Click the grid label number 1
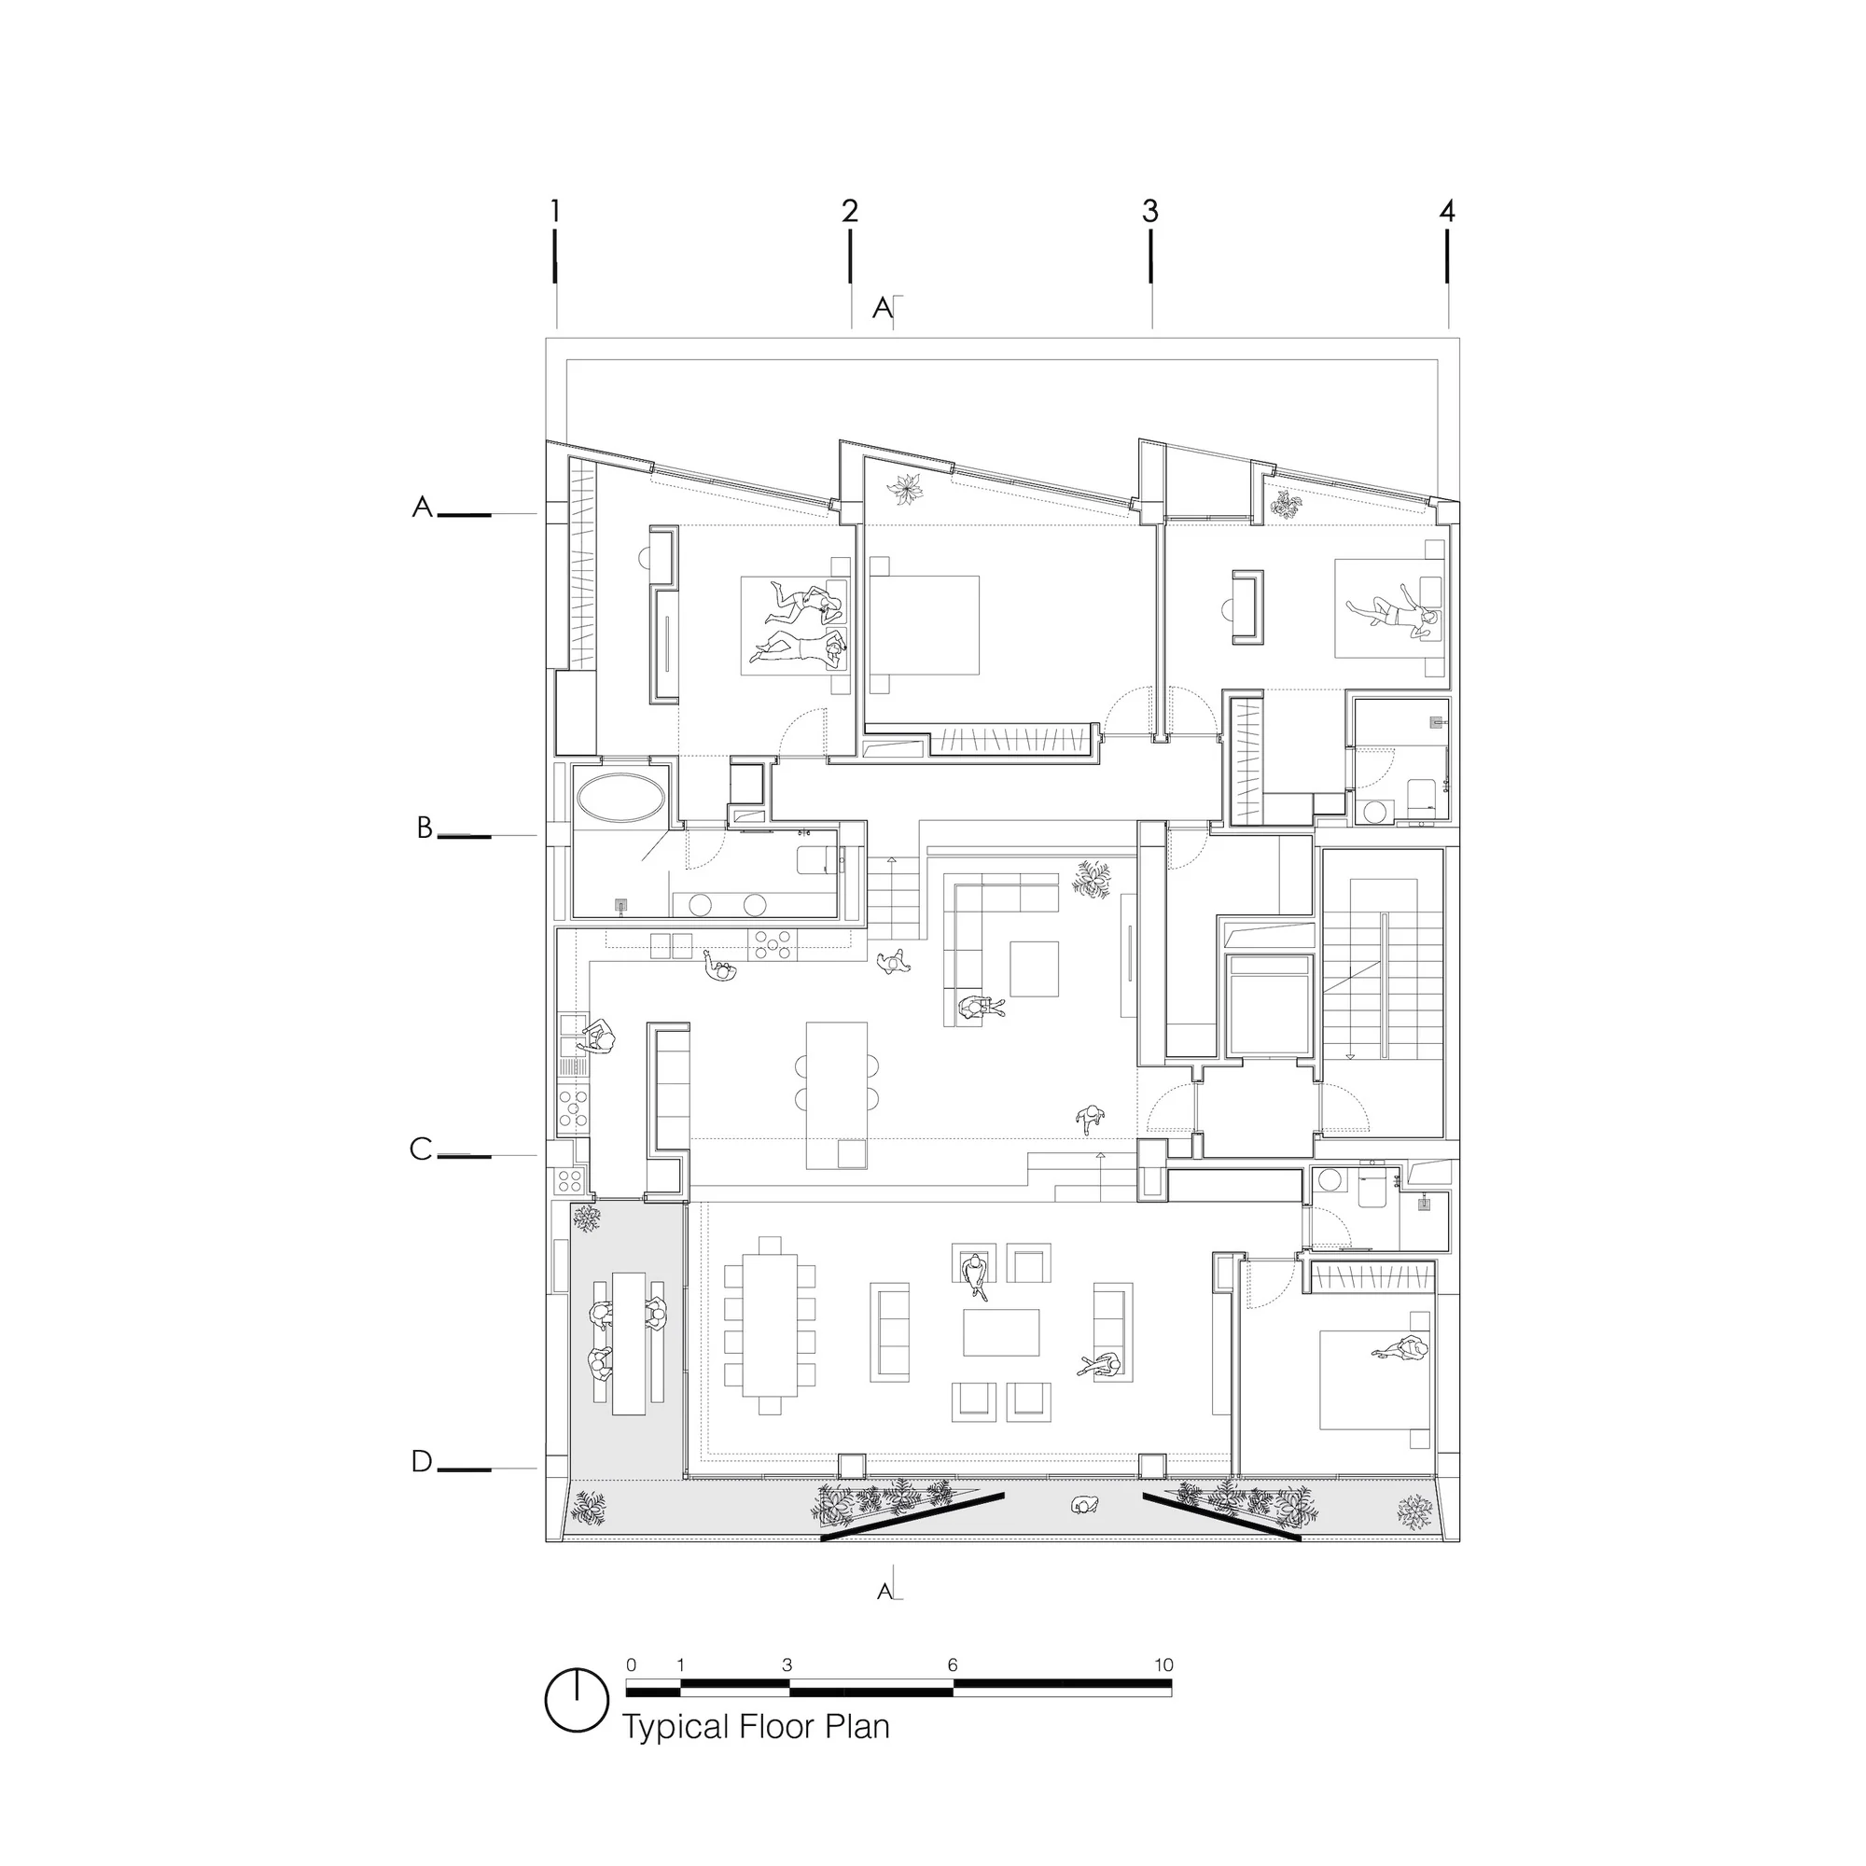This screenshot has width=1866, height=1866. [x=554, y=210]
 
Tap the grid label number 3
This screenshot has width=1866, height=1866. [x=1149, y=211]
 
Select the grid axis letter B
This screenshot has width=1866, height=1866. [x=424, y=828]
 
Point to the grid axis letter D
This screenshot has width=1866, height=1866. [x=421, y=1461]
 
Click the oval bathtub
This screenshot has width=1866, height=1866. [x=620, y=798]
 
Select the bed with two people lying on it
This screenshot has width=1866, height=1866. [x=794, y=625]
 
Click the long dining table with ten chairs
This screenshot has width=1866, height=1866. [x=770, y=1324]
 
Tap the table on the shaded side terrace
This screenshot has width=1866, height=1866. [x=629, y=1344]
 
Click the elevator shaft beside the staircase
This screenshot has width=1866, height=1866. [x=1269, y=1006]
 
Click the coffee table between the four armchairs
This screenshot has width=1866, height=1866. [x=1000, y=1332]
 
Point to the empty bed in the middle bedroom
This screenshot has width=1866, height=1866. [x=925, y=624]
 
